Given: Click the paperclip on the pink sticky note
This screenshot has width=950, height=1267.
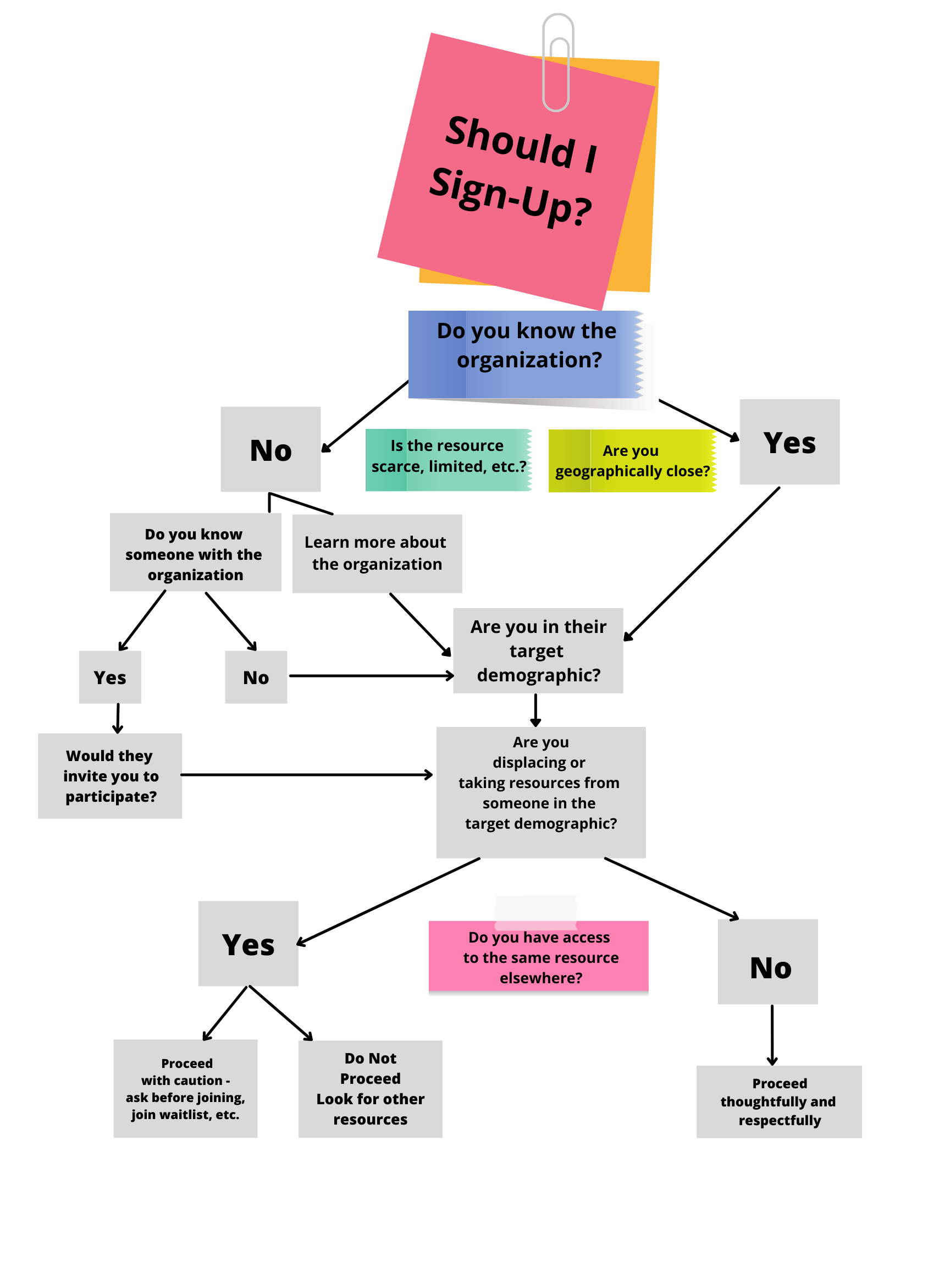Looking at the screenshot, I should tap(556, 63).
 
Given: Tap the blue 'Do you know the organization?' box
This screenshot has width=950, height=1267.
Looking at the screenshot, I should tap(526, 354).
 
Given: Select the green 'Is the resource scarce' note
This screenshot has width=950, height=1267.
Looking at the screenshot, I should tap(449, 459).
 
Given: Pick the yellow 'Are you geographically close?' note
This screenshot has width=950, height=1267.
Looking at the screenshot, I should tap(632, 461).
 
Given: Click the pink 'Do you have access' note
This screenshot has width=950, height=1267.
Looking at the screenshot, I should tap(538, 956).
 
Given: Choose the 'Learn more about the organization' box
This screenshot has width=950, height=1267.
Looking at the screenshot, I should tap(377, 553).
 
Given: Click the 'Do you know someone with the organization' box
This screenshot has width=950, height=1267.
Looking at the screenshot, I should tap(195, 553).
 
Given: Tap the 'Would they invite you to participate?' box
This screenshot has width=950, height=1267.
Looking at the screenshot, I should tap(110, 776).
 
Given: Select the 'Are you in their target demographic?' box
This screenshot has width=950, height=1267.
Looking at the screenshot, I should tap(538, 651).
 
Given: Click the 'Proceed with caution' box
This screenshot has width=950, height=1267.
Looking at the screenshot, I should tap(185, 1088).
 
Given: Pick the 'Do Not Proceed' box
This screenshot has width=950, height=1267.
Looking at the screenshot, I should tap(371, 1089).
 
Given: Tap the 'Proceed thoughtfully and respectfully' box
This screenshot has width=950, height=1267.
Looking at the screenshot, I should tap(779, 1101).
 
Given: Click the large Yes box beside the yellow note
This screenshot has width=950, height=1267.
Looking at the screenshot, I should tap(789, 442).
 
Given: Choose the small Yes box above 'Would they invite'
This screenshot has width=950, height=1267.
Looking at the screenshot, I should tap(110, 677).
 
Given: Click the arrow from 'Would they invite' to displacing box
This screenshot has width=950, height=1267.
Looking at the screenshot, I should tap(306, 775).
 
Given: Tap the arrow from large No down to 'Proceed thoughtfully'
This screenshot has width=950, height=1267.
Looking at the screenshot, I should tap(772, 1034).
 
